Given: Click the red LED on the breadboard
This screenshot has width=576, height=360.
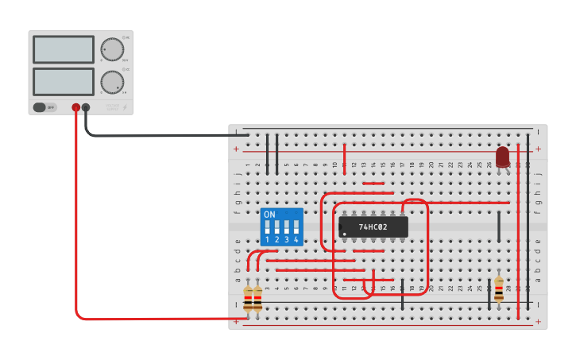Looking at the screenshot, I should click(x=502, y=157).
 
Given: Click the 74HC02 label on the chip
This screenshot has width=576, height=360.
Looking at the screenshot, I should click(x=373, y=227).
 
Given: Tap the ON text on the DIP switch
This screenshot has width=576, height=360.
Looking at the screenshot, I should click(x=269, y=215).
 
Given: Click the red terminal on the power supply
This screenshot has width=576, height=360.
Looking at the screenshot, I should click(x=76, y=107).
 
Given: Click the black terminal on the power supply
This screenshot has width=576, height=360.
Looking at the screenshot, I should click(x=86, y=107).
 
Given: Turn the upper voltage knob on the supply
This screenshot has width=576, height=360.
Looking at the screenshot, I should click(x=112, y=49).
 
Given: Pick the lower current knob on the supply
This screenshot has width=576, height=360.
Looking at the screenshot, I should click(x=112, y=82).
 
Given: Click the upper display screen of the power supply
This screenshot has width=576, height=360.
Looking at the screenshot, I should click(x=64, y=49).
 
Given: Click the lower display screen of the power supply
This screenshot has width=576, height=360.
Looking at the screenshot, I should click(x=64, y=81).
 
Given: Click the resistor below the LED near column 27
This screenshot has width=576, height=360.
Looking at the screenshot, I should click(x=499, y=289).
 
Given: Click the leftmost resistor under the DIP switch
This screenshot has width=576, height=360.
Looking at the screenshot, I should click(x=248, y=299).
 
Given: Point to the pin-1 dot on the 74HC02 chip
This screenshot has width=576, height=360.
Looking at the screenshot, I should click(x=342, y=233).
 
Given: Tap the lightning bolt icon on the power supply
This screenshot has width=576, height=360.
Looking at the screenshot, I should click(x=125, y=106).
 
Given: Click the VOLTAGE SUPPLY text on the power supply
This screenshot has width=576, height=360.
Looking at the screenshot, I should click(x=112, y=106).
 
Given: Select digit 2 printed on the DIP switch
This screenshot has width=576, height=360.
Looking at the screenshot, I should click(x=276, y=239).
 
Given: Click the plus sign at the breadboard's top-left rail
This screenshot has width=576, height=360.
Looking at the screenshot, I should click(x=236, y=149).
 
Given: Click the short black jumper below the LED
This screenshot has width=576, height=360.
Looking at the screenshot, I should click(x=499, y=226).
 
